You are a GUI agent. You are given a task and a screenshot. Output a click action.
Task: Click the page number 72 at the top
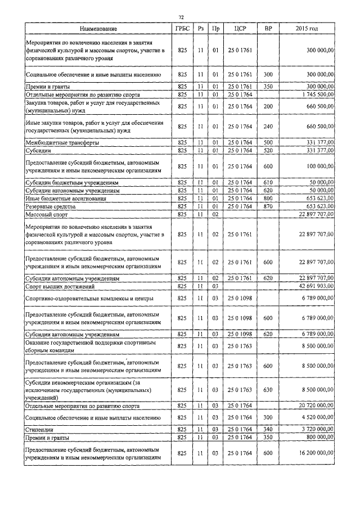(180, 17)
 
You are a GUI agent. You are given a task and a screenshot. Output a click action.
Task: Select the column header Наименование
(98, 28)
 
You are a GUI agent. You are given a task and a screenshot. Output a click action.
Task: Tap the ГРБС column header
(182, 28)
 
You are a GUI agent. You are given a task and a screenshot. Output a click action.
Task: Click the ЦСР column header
(233, 28)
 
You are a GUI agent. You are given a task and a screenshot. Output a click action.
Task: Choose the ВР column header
(268, 28)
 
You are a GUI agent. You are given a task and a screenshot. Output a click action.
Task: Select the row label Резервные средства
(53, 206)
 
